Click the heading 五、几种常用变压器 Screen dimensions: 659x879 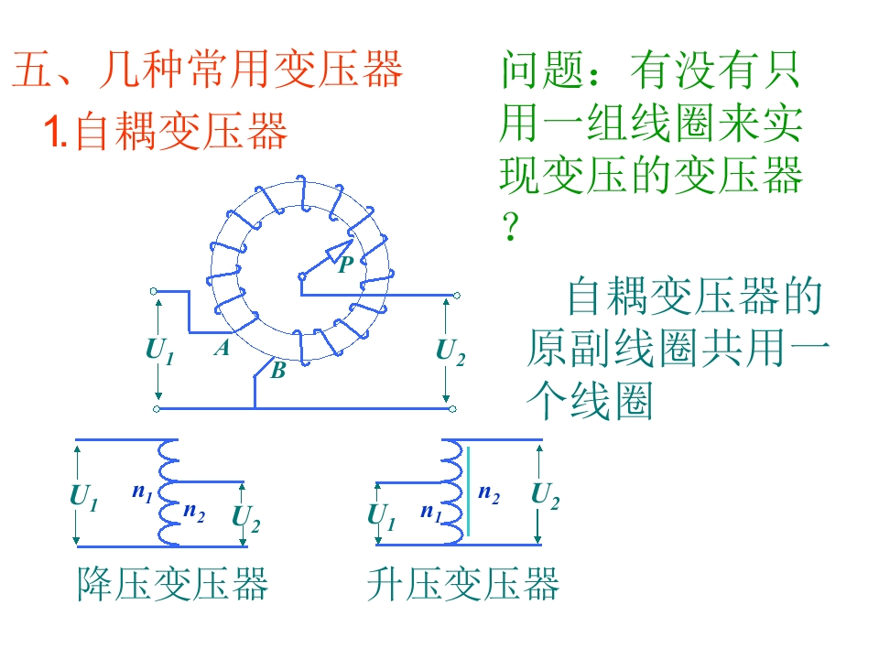pyautogui.click(x=207, y=70)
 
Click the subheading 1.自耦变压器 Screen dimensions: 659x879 pyautogui.click(x=167, y=131)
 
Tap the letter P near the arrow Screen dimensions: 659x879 pyautogui.click(x=345, y=265)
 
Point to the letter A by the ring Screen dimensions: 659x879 pyautogui.click(x=222, y=348)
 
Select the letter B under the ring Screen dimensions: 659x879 pyautogui.click(x=277, y=371)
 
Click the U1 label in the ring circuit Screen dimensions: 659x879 pyautogui.click(x=159, y=351)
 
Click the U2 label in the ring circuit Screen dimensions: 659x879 pyautogui.click(x=450, y=351)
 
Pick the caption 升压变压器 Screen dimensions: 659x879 pyautogui.click(x=462, y=583)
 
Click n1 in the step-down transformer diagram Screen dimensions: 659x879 pyautogui.click(x=141, y=493)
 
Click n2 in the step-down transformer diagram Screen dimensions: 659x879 pyautogui.click(x=193, y=511)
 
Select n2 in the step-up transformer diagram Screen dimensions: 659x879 pyautogui.click(x=489, y=494)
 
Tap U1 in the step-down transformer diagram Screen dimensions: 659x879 pyautogui.click(x=83, y=497)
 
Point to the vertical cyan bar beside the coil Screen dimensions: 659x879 pyautogui.click(x=469, y=491)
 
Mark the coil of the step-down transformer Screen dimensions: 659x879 pyautogui.click(x=169, y=492)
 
